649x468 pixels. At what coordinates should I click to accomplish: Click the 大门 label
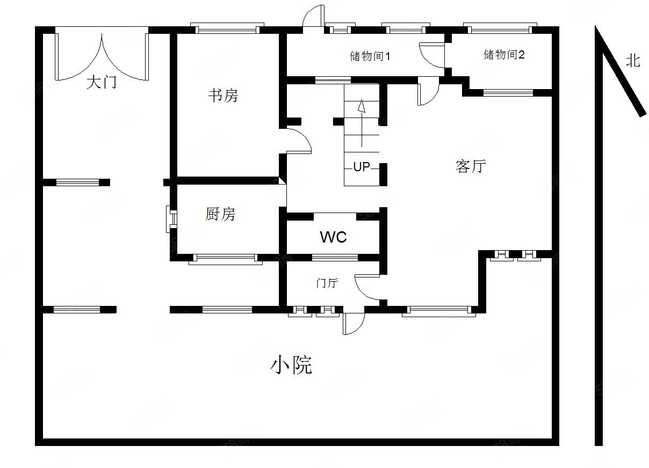(x=102, y=83)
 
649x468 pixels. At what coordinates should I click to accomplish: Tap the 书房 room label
(x=223, y=96)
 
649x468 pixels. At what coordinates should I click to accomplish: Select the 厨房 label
(x=220, y=215)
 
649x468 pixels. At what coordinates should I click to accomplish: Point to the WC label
(x=333, y=237)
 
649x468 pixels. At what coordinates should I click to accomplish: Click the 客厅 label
(x=471, y=166)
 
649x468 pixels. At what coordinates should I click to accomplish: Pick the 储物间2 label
(x=504, y=54)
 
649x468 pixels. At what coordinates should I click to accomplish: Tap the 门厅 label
(x=327, y=283)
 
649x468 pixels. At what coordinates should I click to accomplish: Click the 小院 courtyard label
(x=291, y=365)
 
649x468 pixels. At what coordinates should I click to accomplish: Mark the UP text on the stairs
(x=362, y=167)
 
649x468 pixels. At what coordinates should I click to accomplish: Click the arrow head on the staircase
(x=362, y=105)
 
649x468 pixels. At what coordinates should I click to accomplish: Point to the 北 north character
(x=633, y=61)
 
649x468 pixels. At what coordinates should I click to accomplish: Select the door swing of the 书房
(x=299, y=141)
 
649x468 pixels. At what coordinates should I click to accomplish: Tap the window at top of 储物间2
(x=500, y=28)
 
